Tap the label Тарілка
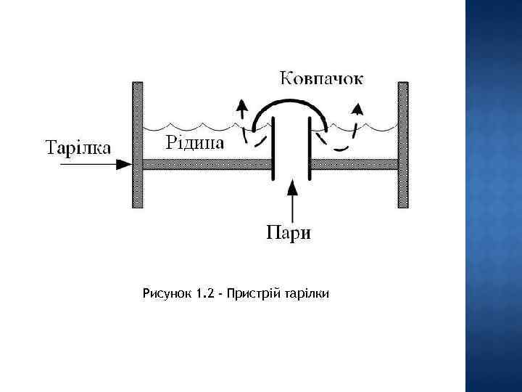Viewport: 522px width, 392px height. click(79, 147)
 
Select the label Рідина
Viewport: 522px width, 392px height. click(196, 141)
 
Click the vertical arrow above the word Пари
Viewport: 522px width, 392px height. click(291, 200)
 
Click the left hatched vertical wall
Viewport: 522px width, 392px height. click(138, 145)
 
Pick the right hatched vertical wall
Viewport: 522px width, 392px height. click(403, 145)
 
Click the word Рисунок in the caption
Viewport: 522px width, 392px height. click(167, 294)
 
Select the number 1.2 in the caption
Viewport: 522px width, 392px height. click(205, 294)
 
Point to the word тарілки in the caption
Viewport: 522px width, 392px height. click(306, 294)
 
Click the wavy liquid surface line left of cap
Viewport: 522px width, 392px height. click(188, 124)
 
